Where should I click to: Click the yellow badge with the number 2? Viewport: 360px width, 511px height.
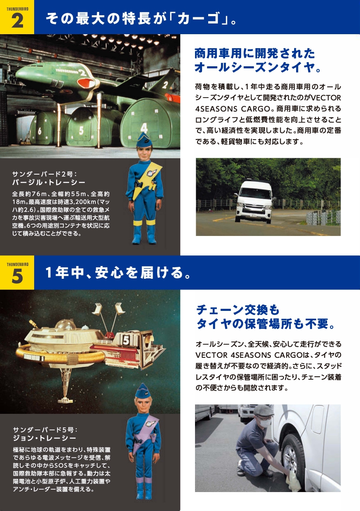[17, 17]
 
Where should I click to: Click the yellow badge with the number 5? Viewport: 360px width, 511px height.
[17, 272]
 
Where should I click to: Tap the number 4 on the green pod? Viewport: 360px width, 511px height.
[144, 128]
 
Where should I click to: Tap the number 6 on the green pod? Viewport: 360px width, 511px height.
[40, 131]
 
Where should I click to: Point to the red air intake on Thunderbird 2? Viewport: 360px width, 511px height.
[86, 83]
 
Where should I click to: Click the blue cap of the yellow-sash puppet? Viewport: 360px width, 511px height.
[144, 140]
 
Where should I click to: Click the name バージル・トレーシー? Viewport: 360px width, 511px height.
[49, 182]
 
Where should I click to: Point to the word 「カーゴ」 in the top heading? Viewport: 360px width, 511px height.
[199, 18]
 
